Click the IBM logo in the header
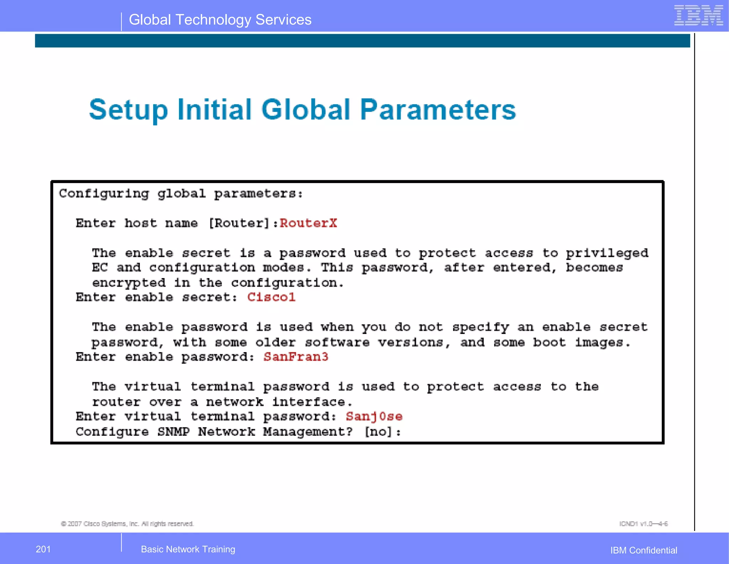[x=698, y=16]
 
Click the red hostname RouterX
[x=308, y=223]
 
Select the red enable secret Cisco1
[x=271, y=297]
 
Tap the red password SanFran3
[x=296, y=357]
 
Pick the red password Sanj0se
[x=374, y=416]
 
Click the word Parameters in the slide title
[x=438, y=109]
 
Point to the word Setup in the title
[x=128, y=110]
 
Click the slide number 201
[x=43, y=549]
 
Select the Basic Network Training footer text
[x=188, y=549]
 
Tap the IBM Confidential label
[x=644, y=550]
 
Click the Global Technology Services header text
[x=220, y=20]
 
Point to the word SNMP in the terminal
[x=173, y=432]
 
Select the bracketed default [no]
[x=378, y=432]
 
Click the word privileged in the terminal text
[x=607, y=253]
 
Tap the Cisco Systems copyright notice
[x=127, y=524]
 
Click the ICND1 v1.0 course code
[x=643, y=524]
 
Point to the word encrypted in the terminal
[x=129, y=283]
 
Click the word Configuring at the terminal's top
[x=104, y=194]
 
